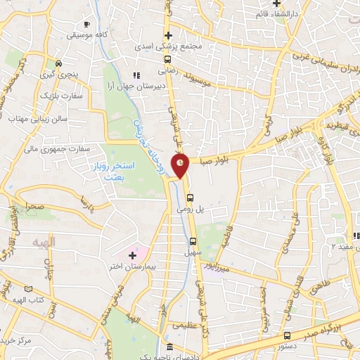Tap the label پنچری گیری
pos(76,74)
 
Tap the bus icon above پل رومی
pos(199,197)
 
